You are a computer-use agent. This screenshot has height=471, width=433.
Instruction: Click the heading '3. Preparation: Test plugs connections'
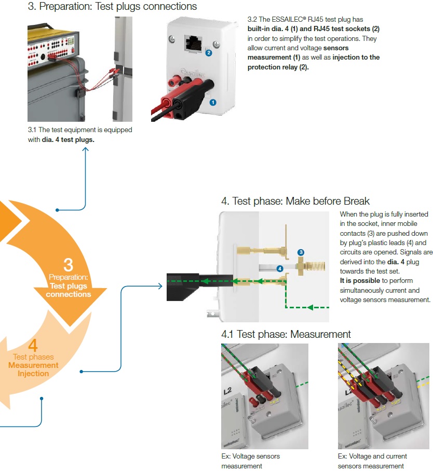click(112, 7)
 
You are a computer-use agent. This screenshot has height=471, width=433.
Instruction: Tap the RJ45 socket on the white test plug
click(193, 42)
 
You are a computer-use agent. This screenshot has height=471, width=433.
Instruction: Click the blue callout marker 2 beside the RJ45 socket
click(209, 53)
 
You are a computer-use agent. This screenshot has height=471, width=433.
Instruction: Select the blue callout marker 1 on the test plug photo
click(213, 103)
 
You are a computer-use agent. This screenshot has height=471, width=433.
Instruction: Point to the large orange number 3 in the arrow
click(68, 265)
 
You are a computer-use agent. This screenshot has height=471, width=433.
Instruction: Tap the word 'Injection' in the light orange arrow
click(33, 374)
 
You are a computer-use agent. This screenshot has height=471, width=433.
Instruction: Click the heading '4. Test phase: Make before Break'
click(296, 201)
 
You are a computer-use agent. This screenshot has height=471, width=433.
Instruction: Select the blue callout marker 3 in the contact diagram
click(300, 252)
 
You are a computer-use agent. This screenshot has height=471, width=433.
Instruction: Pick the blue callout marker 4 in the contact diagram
click(279, 268)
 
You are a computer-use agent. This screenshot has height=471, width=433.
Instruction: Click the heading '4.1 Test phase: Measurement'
click(286, 334)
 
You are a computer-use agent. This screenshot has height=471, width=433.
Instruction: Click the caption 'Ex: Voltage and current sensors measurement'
click(372, 461)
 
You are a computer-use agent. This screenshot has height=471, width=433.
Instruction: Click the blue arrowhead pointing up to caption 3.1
click(85, 150)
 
